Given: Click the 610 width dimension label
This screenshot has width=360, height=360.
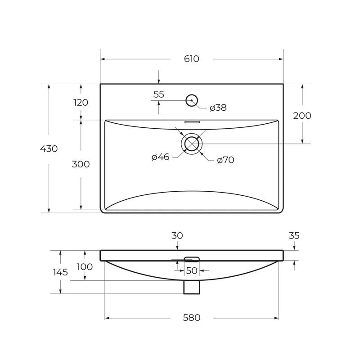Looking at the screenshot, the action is pos(192,59).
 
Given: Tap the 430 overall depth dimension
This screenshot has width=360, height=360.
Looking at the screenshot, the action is pos(49,149).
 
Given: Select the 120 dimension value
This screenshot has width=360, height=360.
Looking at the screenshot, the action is pos(81,103).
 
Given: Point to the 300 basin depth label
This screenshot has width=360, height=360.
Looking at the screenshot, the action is pos(81,164).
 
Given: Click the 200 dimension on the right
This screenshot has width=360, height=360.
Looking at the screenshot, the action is pos(302,116).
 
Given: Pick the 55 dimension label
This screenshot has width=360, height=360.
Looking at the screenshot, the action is pos(159,94).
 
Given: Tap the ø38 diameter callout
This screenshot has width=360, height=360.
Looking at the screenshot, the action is pos(218,108).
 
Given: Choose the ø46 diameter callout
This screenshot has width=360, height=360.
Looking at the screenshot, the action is pos(161,157).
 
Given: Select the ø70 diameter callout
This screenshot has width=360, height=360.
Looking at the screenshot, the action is pos(226,160).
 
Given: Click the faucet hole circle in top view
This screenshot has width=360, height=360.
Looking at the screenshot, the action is pos(192,94).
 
